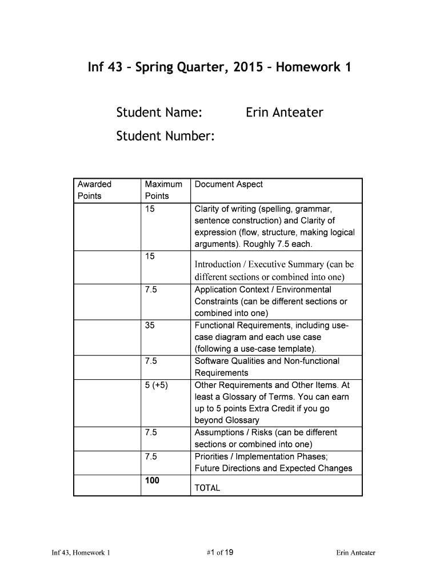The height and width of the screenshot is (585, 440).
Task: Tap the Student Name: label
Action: (x=159, y=113)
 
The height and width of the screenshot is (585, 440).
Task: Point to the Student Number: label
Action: (x=166, y=136)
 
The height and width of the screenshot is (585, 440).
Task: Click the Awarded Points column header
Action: (x=95, y=190)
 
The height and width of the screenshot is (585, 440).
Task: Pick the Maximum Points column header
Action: (x=163, y=190)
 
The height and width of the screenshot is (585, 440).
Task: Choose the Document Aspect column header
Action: (x=229, y=184)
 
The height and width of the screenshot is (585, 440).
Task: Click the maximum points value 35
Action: (x=150, y=325)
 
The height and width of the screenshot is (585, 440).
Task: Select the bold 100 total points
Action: (x=152, y=480)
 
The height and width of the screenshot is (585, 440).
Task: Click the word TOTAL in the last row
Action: (x=207, y=488)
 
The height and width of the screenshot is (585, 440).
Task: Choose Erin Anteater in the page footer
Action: (x=355, y=552)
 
